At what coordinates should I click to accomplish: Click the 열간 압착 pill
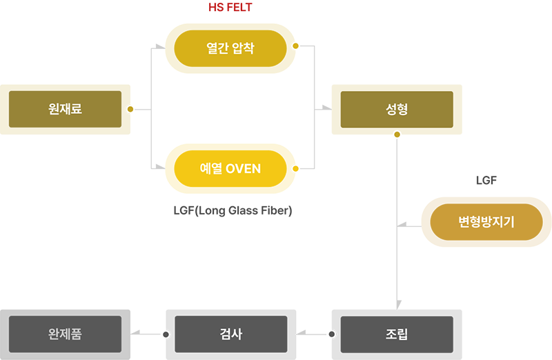point(230,48)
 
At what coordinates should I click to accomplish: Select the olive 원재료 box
point(66,109)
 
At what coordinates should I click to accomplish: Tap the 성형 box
point(397,109)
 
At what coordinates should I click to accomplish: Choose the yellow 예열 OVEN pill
point(230,168)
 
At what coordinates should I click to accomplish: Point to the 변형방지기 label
point(486,222)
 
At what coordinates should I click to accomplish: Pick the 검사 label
point(230,335)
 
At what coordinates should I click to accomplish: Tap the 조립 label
point(396,335)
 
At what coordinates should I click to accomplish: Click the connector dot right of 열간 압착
point(297,46)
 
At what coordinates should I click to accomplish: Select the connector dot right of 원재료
point(131,109)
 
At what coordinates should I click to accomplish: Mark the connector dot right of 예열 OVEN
point(297,168)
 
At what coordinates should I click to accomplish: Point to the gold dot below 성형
point(397,134)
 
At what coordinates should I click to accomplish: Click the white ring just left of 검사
point(165,335)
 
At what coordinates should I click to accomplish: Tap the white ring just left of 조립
point(331,335)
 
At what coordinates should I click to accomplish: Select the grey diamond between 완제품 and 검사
point(147,335)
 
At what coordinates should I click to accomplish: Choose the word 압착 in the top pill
point(244,48)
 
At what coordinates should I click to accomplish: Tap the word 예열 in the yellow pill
point(211,168)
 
